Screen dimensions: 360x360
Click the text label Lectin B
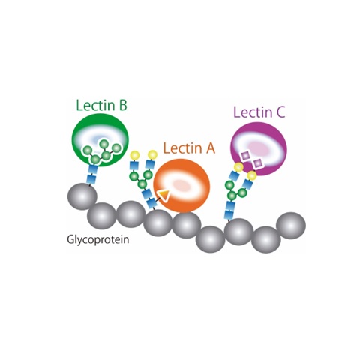tap(101, 105)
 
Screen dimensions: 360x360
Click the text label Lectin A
tap(189, 148)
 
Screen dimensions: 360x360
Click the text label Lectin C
tap(259, 112)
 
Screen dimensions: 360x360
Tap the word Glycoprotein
tap(98, 239)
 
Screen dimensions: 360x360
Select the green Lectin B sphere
tap(100, 139)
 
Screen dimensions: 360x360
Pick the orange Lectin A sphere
tap(181, 186)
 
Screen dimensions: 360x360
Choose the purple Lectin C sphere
tap(259, 149)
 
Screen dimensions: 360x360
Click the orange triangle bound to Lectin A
tap(163, 194)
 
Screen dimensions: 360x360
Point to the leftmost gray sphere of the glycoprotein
tap(82, 196)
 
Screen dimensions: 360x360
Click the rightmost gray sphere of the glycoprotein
tap(291, 226)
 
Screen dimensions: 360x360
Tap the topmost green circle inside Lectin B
tap(104, 144)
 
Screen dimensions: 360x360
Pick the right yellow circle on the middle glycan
tap(152, 154)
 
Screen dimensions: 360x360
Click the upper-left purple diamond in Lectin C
tap(245, 156)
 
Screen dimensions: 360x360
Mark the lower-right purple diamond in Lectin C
tap(257, 163)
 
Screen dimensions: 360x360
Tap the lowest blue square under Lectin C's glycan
tap(229, 214)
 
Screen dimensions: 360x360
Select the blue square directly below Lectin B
tap(93, 169)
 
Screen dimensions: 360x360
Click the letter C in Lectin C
tap(280, 112)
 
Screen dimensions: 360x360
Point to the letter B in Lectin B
tap(123, 106)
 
